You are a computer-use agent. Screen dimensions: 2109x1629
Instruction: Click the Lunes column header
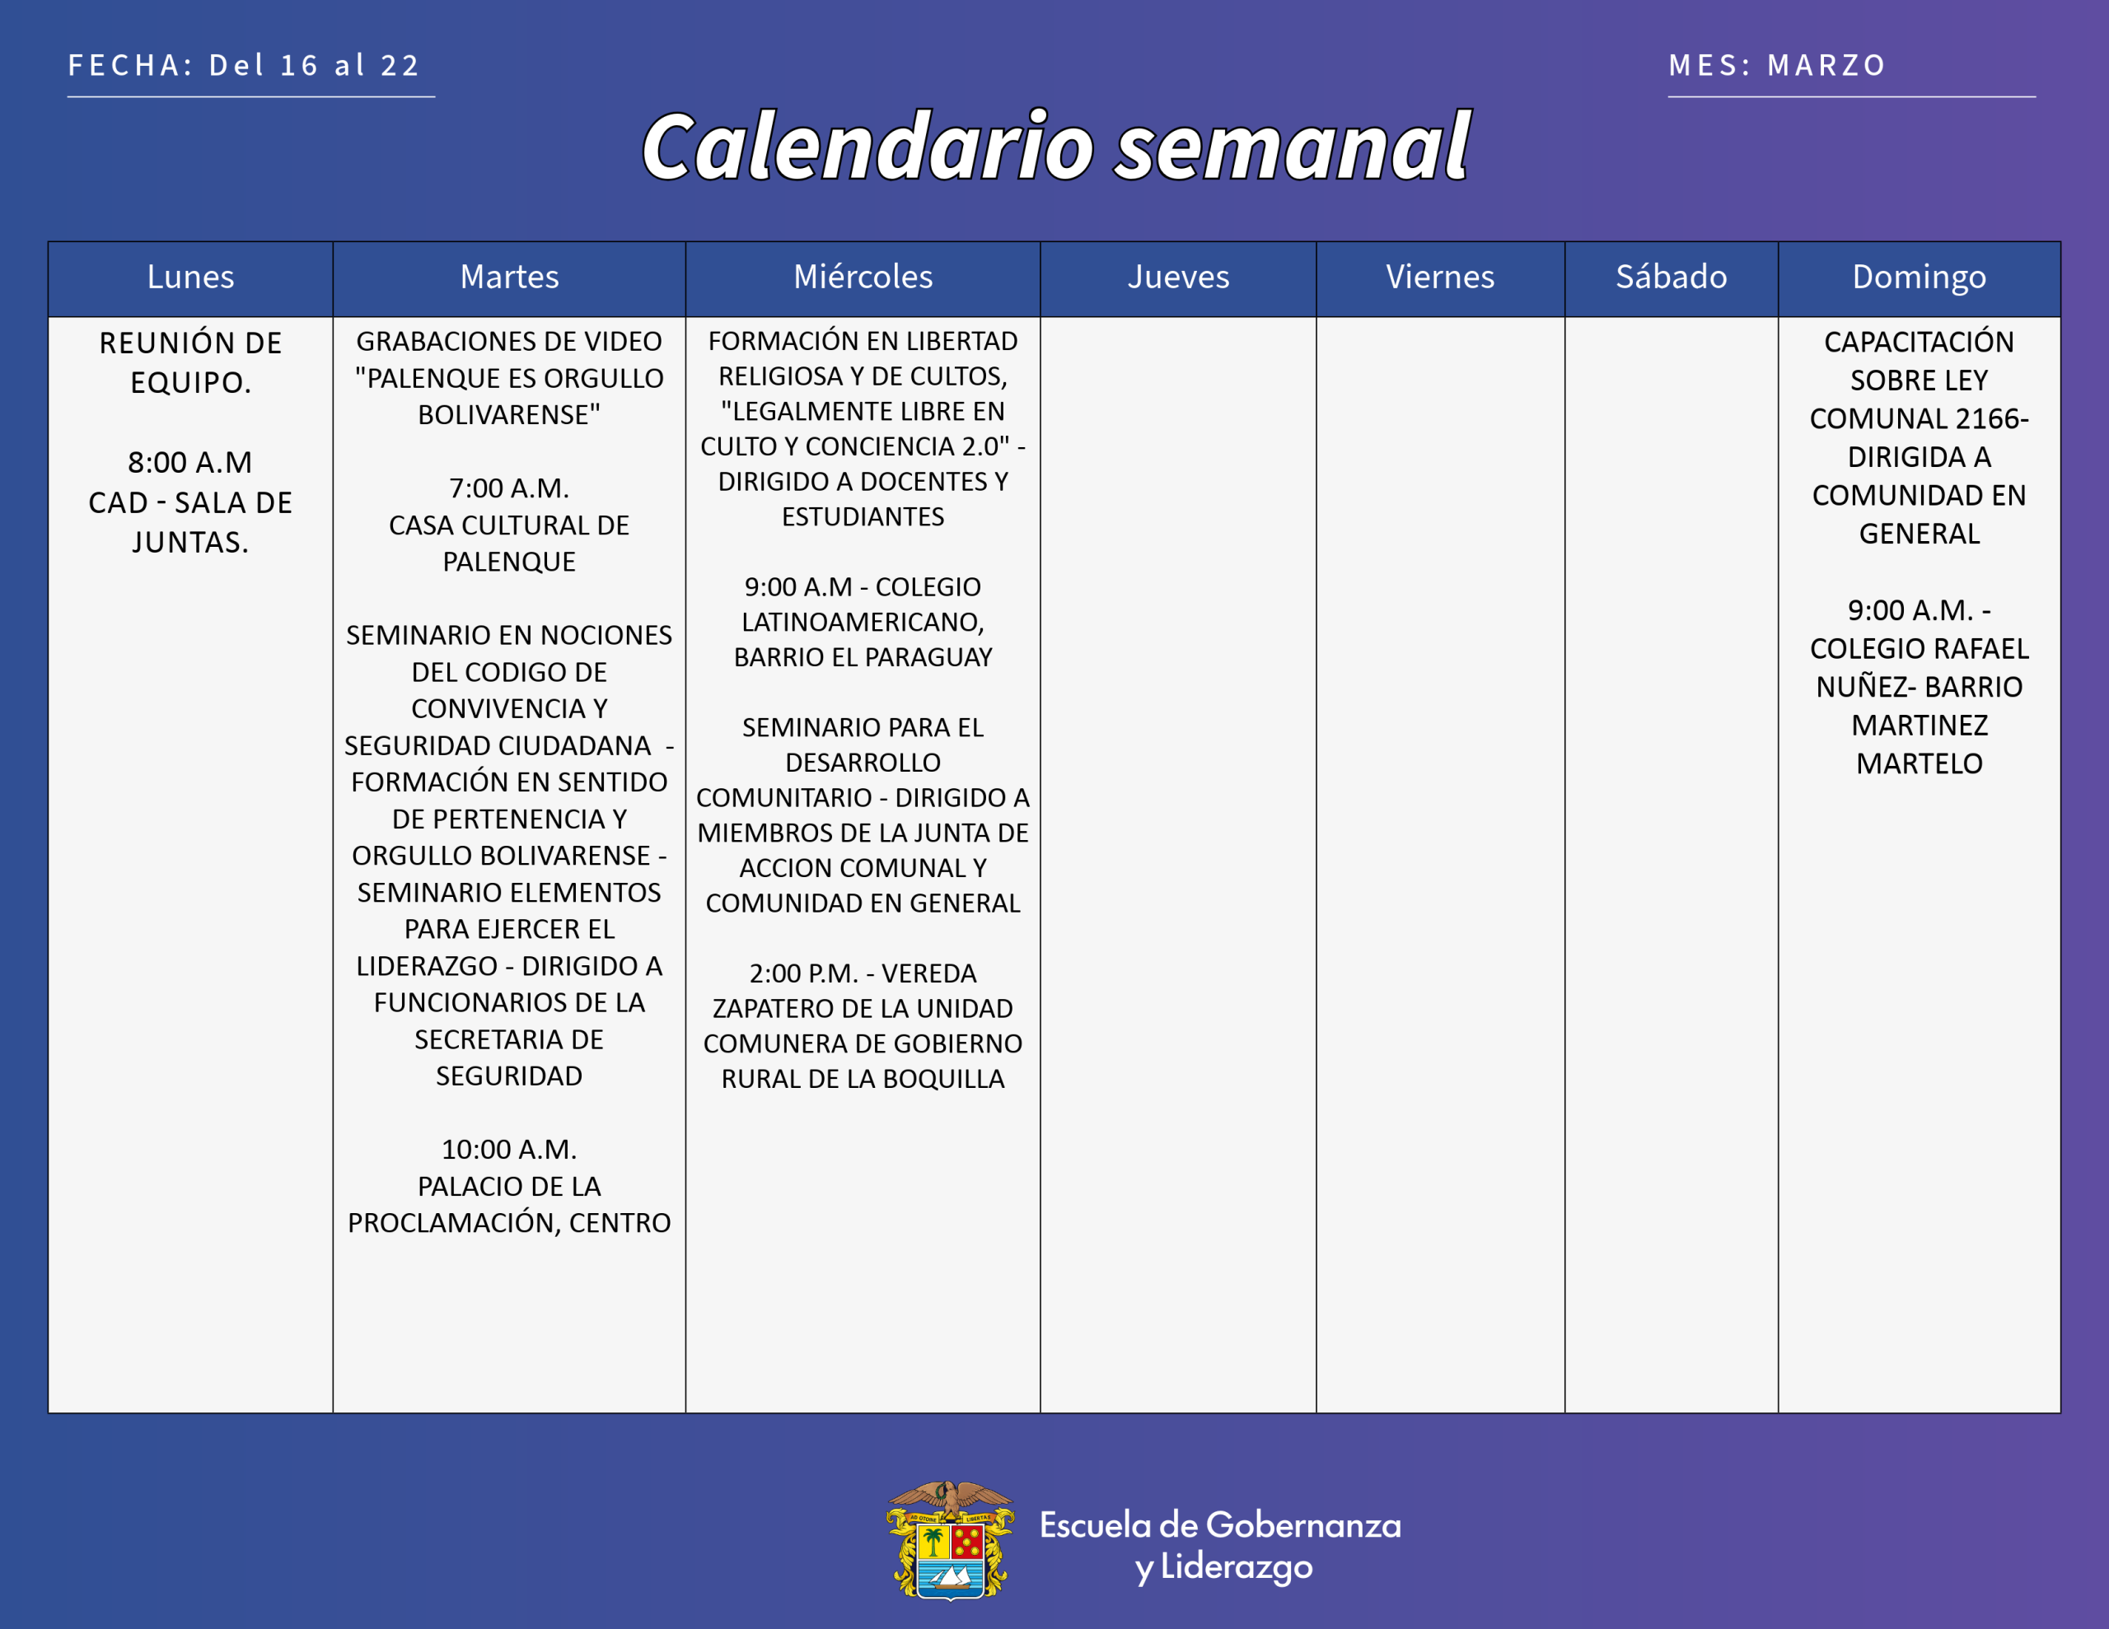(190, 278)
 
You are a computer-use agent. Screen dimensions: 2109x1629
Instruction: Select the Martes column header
(509, 278)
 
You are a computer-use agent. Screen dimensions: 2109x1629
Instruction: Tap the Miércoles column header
(863, 278)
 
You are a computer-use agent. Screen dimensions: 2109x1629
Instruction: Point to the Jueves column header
(1178, 278)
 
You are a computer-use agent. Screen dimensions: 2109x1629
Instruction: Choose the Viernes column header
(1440, 278)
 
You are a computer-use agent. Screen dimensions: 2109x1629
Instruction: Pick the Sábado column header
(1671, 278)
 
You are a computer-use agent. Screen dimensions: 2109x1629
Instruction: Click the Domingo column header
(1919, 278)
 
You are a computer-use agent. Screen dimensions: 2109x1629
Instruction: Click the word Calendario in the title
(868, 147)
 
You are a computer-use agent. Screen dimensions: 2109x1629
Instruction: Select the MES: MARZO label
(1777, 66)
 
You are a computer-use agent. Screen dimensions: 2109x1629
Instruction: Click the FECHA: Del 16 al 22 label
(243, 66)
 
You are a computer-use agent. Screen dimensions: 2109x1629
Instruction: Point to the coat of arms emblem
(950, 1540)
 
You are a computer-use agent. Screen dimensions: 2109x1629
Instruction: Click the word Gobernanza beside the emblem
(1302, 1526)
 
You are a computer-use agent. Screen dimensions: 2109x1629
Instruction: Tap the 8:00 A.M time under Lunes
(190, 463)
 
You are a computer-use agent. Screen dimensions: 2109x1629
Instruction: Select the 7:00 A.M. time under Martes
(509, 488)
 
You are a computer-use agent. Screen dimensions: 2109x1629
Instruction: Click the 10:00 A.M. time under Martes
(509, 1150)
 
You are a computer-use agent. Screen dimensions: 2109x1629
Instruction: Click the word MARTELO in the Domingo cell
(1919, 763)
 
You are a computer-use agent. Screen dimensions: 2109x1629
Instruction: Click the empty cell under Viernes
(1440, 864)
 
